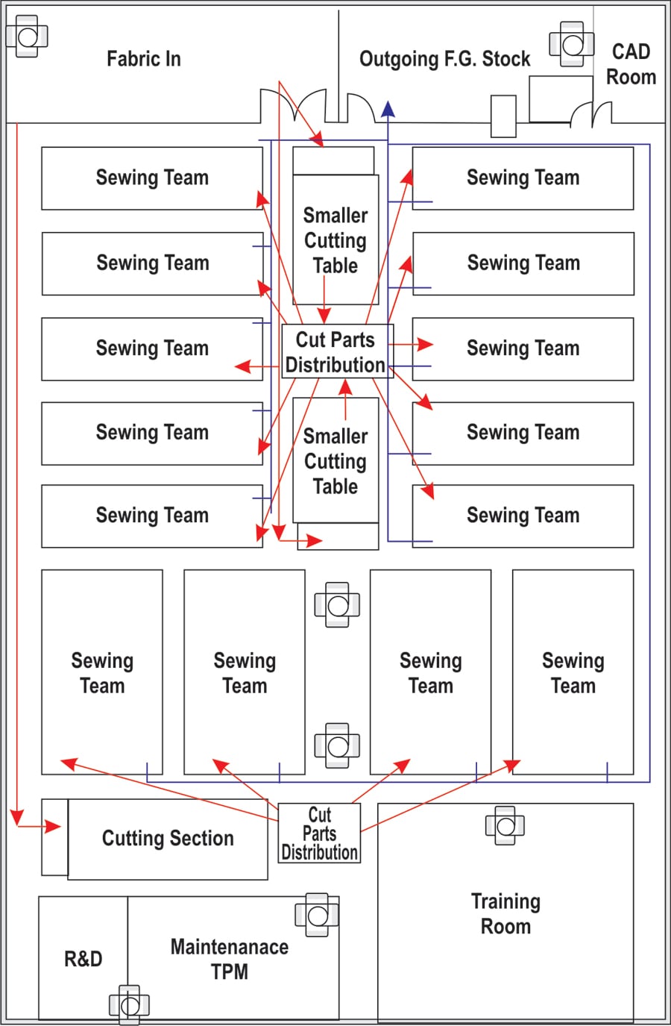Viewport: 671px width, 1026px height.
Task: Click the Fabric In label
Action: (x=144, y=59)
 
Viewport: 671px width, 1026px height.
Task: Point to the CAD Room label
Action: (x=631, y=64)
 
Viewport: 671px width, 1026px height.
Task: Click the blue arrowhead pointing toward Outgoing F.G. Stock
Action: (x=388, y=109)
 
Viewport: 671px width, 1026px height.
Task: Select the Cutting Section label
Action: (x=168, y=839)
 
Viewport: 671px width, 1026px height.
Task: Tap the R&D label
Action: (x=84, y=959)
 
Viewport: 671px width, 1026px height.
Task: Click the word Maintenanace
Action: (x=230, y=947)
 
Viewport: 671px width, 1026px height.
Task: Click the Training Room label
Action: (x=505, y=914)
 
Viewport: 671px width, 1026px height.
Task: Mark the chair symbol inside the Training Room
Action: (x=505, y=825)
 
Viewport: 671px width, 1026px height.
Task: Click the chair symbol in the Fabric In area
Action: (x=27, y=36)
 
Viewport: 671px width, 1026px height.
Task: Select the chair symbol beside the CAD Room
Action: (x=572, y=44)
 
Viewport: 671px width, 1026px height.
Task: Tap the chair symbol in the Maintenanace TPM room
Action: (x=317, y=915)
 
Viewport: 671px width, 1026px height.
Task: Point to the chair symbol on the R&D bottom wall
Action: (x=129, y=1005)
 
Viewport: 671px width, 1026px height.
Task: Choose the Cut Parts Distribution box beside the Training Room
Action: (x=320, y=833)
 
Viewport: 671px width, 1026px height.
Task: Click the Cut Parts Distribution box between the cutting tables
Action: (x=337, y=351)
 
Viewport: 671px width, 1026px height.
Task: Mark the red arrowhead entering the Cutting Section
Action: (x=53, y=826)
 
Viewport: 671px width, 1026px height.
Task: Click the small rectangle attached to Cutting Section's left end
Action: (x=55, y=837)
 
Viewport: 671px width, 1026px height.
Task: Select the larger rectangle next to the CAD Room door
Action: (x=561, y=99)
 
